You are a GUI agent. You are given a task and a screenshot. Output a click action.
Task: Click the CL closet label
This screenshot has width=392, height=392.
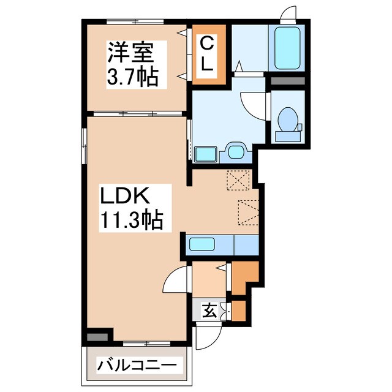tap(208, 54)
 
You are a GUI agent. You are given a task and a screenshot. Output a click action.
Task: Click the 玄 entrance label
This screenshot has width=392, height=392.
tap(209, 311)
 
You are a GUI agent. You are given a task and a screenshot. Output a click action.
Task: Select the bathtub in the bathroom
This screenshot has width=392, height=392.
tap(287, 48)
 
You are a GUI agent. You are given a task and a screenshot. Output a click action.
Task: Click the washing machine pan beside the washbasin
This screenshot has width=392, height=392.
tap(205, 153)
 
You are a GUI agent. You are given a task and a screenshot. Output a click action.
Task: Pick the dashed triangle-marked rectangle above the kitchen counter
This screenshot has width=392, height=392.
tap(248, 213)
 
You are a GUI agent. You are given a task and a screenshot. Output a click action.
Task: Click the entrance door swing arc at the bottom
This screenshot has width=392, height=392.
tap(208, 336)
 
